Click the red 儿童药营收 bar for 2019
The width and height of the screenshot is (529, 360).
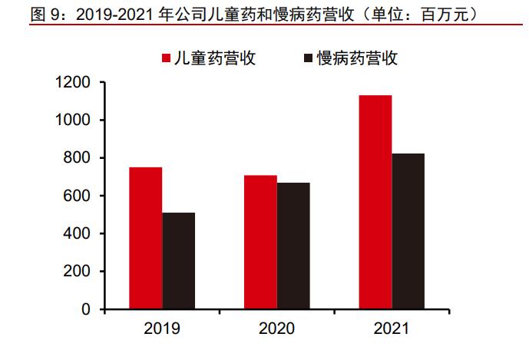click(x=145, y=238)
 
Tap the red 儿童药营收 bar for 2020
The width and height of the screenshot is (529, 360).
click(x=260, y=242)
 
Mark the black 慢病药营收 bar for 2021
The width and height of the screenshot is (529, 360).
click(x=408, y=231)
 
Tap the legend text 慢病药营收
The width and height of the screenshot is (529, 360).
click(x=358, y=58)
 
